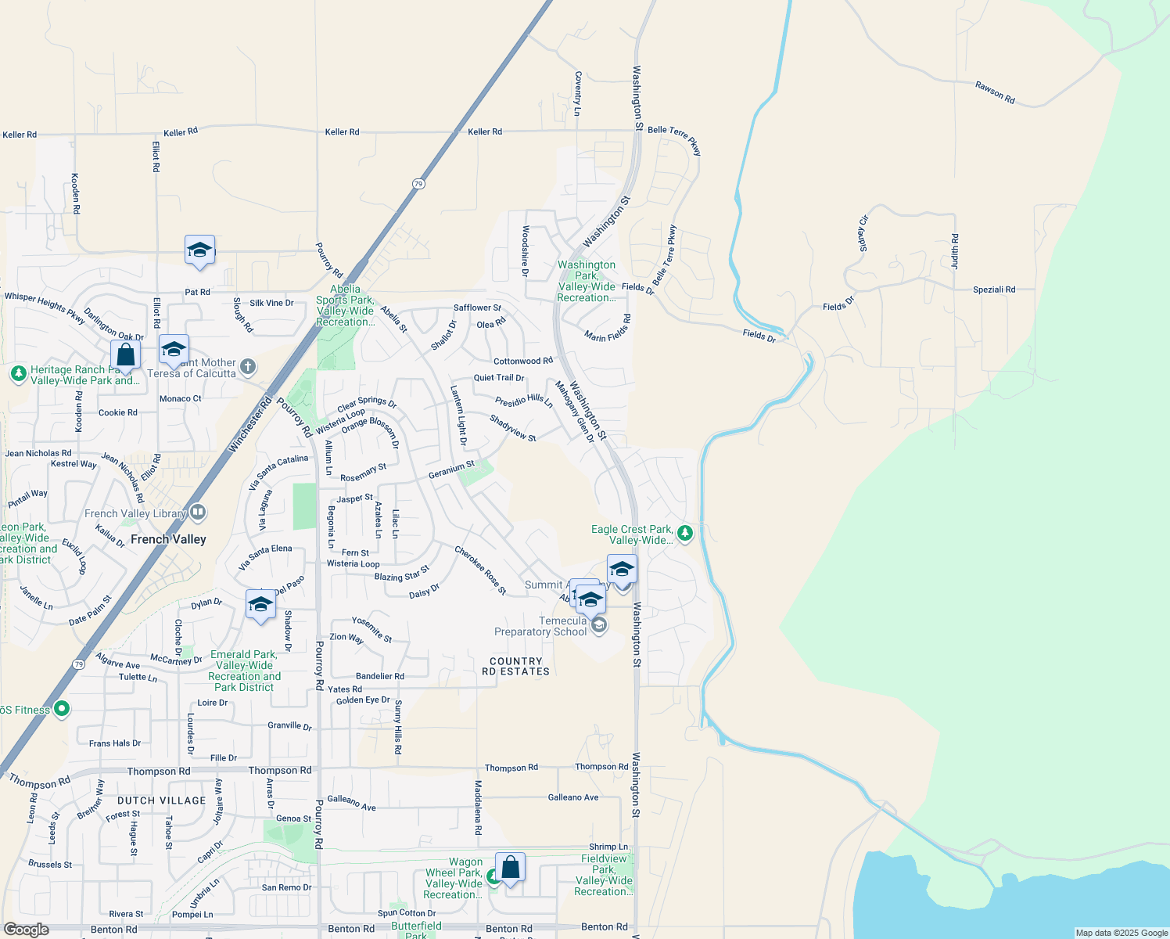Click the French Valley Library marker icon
pyautogui.click(x=198, y=513)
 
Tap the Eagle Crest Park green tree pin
pyautogui.click(x=685, y=534)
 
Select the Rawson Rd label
pyautogui.click(x=995, y=92)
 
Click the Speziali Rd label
pyautogui.click(x=994, y=290)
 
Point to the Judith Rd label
pyautogui.click(x=955, y=251)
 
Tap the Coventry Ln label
pyautogui.click(x=578, y=94)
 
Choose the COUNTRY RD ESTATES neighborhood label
pyautogui.click(x=515, y=666)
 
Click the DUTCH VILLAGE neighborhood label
pyautogui.click(x=162, y=800)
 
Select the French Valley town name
pyautogui.click(x=168, y=539)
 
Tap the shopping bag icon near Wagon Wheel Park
pyautogui.click(x=510, y=868)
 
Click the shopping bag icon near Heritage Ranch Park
pyautogui.click(x=125, y=355)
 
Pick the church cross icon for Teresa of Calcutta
pyautogui.click(x=248, y=366)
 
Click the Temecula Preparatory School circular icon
pyautogui.click(x=599, y=624)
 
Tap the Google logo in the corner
pyautogui.click(x=26, y=930)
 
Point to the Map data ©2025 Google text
pyautogui.click(x=1122, y=933)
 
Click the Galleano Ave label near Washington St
pyautogui.click(x=573, y=797)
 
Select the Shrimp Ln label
pyautogui.click(x=608, y=847)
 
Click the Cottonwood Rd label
pyautogui.click(x=522, y=362)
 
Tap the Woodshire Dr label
pyautogui.click(x=526, y=251)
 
